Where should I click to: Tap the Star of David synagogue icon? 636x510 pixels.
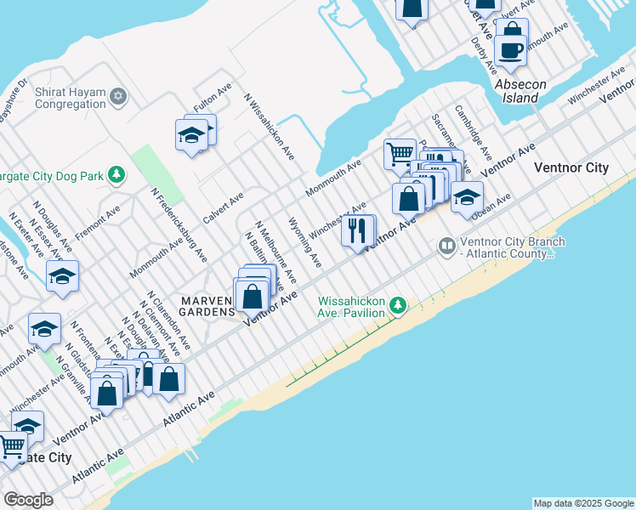(119, 96)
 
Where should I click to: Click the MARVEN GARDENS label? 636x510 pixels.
(207, 306)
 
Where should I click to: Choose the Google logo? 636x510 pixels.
(28, 500)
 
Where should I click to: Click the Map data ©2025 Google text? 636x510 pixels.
(582, 503)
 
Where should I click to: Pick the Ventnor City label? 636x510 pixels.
(571, 167)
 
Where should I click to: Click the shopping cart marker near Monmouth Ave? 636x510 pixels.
(399, 154)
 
